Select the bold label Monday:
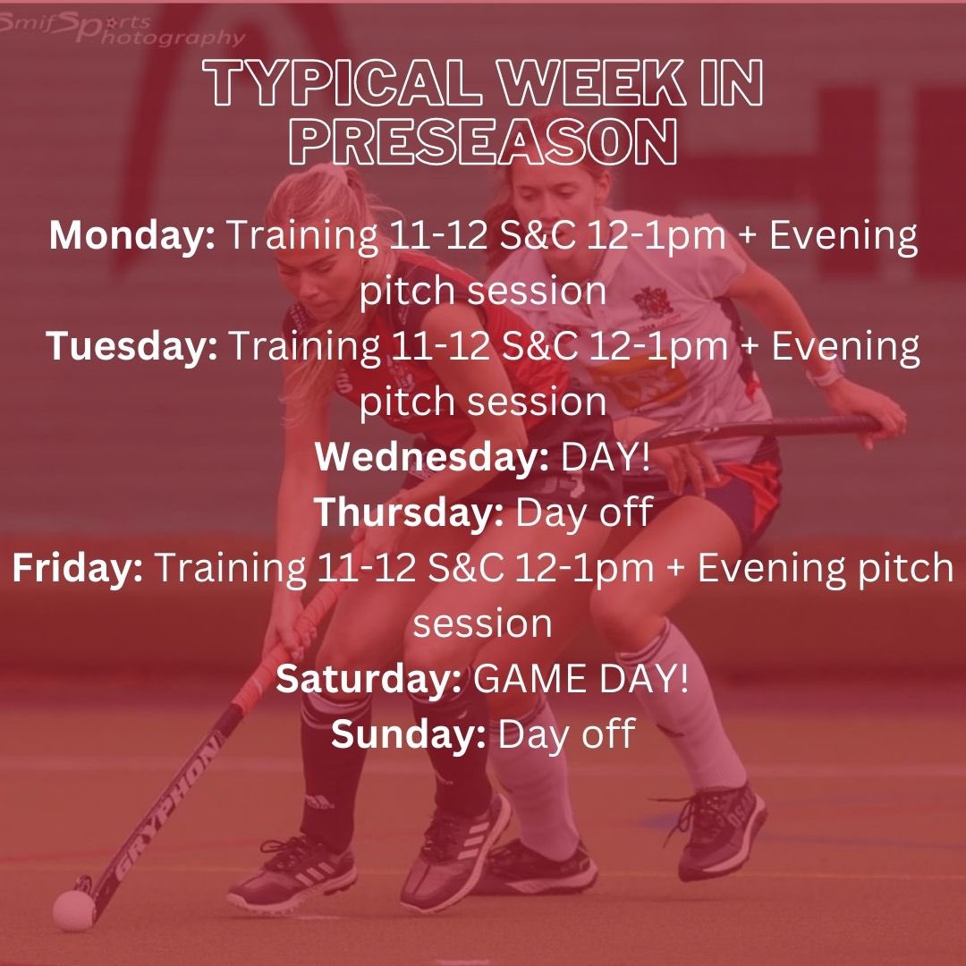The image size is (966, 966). (x=131, y=237)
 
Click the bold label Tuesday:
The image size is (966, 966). (x=132, y=347)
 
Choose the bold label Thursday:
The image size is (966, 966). (x=411, y=513)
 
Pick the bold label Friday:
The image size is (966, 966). (x=78, y=568)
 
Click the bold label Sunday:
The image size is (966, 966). (x=409, y=734)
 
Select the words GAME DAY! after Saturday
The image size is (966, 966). (x=581, y=679)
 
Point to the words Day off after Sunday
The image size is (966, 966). (x=566, y=734)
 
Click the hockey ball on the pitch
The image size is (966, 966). (x=73, y=910)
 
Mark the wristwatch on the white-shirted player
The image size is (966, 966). (x=824, y=376)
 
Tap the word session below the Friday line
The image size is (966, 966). (x=482, y=623)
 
